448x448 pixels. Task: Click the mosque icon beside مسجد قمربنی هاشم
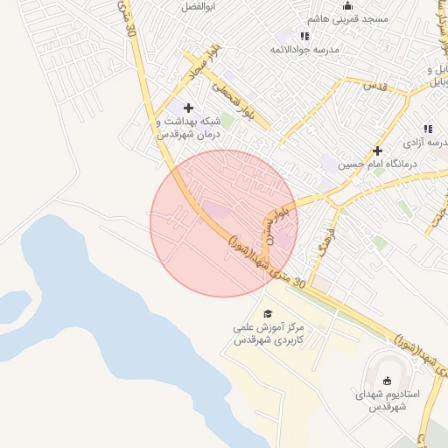(x=347, y=6)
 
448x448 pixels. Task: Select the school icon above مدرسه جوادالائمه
(x=304, y=36)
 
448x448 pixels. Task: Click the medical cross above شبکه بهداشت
(x=188, y=108)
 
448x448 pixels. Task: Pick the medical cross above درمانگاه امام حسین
(x=378, y=150)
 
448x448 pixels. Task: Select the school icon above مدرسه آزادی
(x=429, y=128)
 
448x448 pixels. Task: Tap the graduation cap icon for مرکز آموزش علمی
(x=268, y=313)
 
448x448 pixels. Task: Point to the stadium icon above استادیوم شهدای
(x=387, y=381)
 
